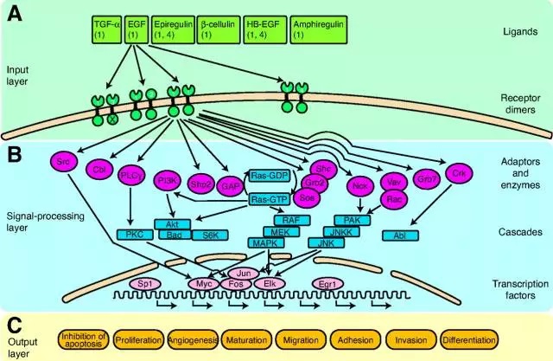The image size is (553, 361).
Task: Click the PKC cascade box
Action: (x=134, y=234)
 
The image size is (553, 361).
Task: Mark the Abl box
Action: (x=414, y=234)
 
